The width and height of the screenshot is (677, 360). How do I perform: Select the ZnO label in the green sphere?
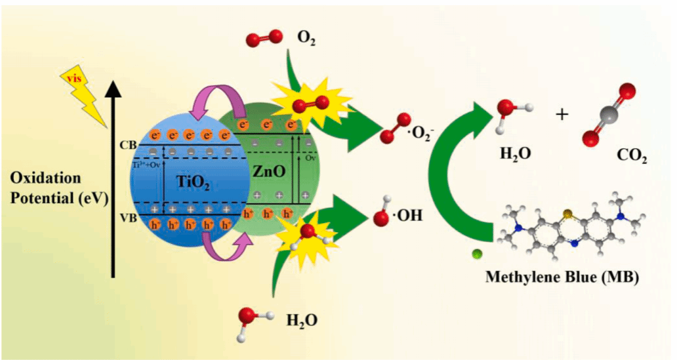coord(269,172)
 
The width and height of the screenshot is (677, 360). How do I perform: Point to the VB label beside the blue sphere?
coord(128,218)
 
